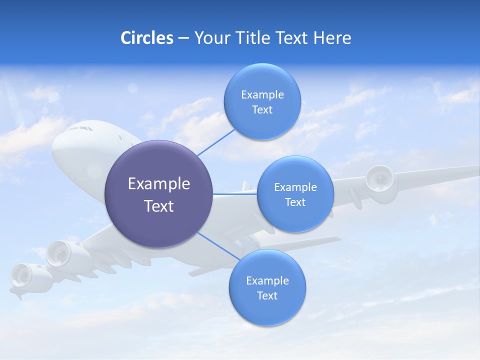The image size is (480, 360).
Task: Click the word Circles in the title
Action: coord(147,38)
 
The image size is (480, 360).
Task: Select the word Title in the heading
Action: coord(250,38)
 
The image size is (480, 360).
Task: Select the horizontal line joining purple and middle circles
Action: coord(235,194)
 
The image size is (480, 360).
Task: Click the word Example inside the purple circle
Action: coord(159,184)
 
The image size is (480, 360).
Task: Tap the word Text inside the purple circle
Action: coord(159,206)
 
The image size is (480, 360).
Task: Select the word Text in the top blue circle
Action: coord(262,110)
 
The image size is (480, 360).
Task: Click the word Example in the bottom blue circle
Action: coord(267,280)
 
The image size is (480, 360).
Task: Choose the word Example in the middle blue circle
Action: coord(295,187)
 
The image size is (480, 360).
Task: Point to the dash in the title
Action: coord(183,38)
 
